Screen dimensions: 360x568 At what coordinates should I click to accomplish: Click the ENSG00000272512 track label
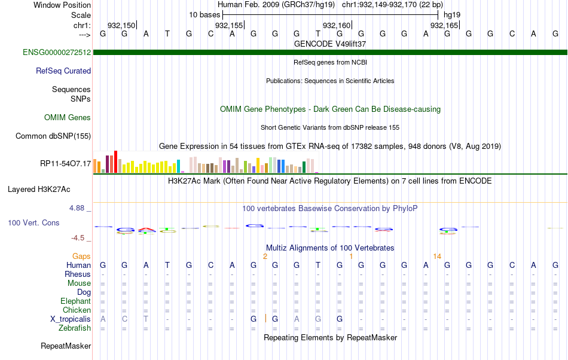click(x=57, y=53)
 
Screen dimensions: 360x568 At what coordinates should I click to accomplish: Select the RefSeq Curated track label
click(x=63, y=71)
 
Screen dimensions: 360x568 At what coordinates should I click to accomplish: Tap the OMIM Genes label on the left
click(x=68, y=118)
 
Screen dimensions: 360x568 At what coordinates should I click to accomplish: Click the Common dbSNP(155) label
click(x=53, y=136)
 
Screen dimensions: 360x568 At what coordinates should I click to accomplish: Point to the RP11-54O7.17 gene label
click(x=65, y=163)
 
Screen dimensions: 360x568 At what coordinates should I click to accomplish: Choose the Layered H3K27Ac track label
click(x=39, y=190)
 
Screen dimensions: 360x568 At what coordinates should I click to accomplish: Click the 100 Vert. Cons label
click(x=33, y=222)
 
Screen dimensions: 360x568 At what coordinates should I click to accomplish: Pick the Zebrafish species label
click(x=75, y=328)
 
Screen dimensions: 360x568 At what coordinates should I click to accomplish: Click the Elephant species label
click(x=76, y=301)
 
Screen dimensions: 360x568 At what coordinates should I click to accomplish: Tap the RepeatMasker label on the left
click(x=66, y=346)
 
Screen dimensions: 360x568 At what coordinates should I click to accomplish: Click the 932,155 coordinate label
click(x=229, y=25)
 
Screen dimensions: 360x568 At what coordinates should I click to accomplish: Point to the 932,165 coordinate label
click(x=444, y=25)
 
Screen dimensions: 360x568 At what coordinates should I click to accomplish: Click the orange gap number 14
click(x=437, y=256)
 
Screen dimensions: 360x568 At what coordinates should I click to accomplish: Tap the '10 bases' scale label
click(x=204, y=14)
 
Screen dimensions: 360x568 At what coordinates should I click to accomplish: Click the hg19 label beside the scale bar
click(x=452, y=14)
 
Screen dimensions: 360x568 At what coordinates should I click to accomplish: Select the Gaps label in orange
click(x=81, y=256)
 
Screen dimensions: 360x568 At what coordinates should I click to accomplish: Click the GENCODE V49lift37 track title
click(x=330, y=44)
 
